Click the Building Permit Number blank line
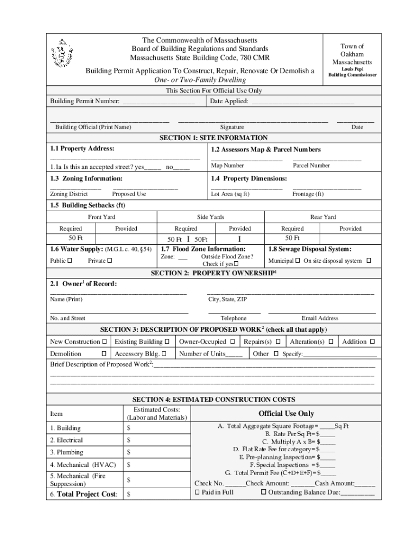[x=159, y=102]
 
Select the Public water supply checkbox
[x=69, y=261]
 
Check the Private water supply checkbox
[x=110, y=261]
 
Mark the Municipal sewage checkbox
[x=298, y=261]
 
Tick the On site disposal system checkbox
[x=369, y=261]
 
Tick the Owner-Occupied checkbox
[x=232, y=342]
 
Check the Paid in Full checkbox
[x=197, y=492]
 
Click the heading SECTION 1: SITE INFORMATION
[x=213, y=138]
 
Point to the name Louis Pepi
[x=352, y=69]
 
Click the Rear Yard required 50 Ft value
[x=292, y=238]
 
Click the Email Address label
[x=320, y=318]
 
